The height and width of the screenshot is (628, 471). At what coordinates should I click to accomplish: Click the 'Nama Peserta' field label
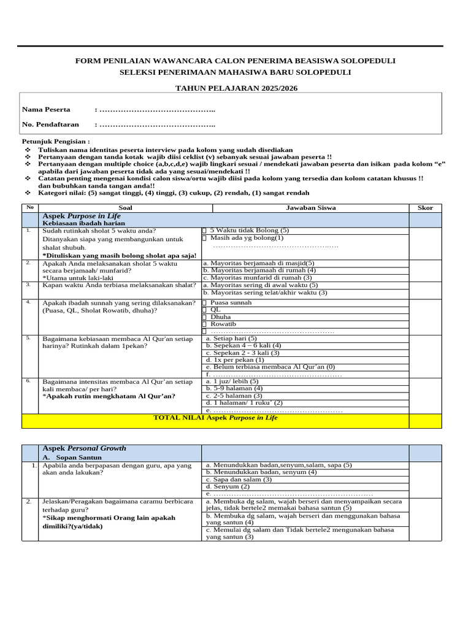46,110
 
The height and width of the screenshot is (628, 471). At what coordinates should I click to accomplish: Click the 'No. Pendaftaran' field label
50,124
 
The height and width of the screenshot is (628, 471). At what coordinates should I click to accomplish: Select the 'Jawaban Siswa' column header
311,208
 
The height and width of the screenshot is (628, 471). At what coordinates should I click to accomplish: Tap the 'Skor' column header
425,208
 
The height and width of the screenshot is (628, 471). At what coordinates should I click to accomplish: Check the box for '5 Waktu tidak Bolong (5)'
204,231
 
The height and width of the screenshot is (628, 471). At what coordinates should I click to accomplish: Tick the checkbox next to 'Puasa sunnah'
204,303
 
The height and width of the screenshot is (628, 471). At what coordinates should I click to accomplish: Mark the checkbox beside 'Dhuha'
204,317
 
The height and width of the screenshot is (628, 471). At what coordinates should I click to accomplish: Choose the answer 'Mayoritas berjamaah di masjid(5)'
258,263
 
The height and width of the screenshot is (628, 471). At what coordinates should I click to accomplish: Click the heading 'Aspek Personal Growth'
83,448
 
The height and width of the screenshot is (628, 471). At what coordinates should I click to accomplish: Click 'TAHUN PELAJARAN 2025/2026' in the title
235,88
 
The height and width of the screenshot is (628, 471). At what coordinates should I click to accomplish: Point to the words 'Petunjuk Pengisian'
55,142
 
